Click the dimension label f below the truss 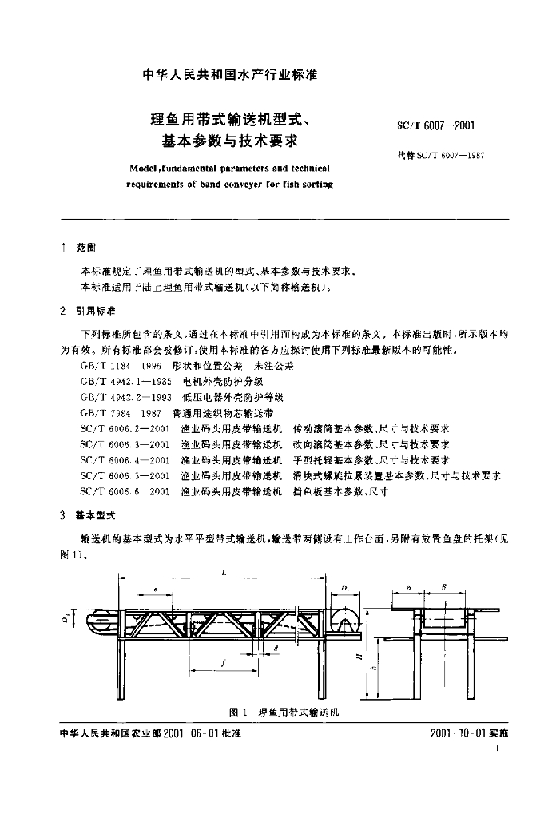(x=223, y=662)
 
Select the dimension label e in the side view (x=155, y=590)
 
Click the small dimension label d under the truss (x=275, y=649)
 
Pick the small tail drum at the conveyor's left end (x=101, y=617)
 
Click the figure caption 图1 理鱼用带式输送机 (x=284, y=711)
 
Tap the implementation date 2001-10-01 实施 (x=469, y=733)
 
